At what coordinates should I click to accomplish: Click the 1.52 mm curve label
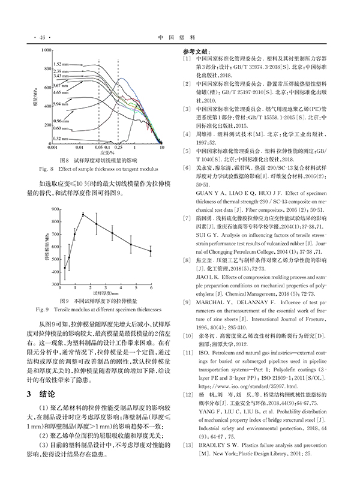61,63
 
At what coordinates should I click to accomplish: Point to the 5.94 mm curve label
60,104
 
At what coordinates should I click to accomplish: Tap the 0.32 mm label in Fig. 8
60,136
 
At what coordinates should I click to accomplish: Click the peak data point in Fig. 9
83,214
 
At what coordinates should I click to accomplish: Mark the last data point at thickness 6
151,251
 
